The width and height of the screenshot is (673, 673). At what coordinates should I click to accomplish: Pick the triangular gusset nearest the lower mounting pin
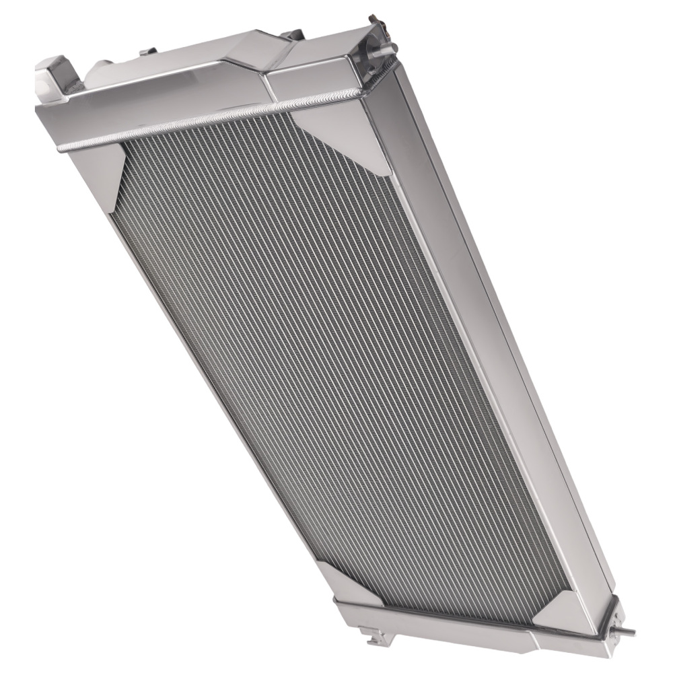565,609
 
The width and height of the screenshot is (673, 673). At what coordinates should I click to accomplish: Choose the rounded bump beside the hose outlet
101,67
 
